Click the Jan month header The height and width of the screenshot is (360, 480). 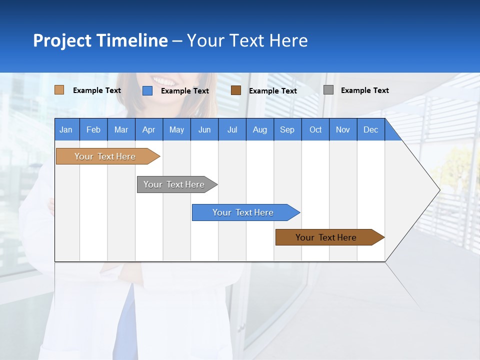(66, 129)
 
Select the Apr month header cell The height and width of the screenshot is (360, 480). (149, 129)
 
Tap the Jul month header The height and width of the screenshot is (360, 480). (232, 129)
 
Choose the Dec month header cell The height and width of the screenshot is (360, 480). (370, 129)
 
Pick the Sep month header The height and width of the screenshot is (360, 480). (287, 129)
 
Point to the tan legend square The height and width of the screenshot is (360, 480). (59, 90)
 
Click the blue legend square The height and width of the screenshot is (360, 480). (147, 90)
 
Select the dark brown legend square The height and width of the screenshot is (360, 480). (236, 90)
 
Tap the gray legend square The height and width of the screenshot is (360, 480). (328, 90)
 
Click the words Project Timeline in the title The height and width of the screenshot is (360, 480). (100, 40)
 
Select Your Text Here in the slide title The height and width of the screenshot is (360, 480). (247, 40)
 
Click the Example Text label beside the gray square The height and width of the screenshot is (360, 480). (364, 90)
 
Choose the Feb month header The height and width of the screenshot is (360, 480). (93, 129)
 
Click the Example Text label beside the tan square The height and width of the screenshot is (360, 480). (96, 90)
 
